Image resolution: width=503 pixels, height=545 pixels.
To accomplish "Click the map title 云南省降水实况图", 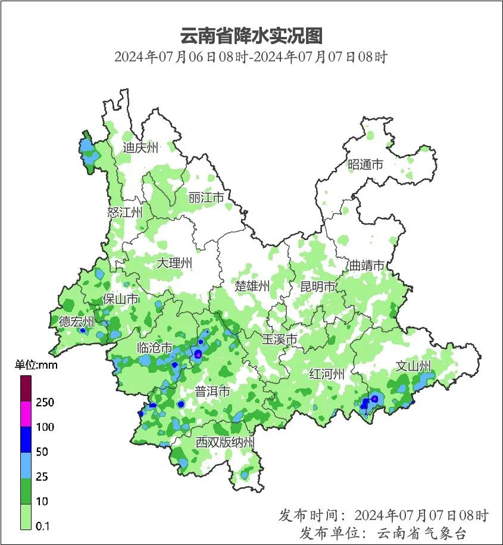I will (251, 36).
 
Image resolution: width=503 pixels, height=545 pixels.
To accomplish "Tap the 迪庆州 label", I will (140, 148).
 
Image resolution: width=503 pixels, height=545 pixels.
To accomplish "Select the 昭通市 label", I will (365, 165).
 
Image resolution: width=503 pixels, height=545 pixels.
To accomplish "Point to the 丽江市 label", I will (205, 197).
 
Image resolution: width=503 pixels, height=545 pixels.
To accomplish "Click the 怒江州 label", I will (125, 212).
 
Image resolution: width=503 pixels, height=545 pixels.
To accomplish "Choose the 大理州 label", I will (174, 263).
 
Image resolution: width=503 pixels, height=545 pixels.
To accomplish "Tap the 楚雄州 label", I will (252, 286).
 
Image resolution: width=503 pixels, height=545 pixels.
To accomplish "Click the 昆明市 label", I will (318, 287).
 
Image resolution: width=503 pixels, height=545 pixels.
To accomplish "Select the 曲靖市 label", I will (366, 266).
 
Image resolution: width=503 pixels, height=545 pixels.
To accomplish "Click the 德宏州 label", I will (76, 322).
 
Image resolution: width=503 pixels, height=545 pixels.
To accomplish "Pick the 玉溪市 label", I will (280, 340).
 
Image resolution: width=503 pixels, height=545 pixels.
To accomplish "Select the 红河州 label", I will (327, 374).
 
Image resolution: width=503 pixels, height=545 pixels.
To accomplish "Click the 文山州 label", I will (414, 366).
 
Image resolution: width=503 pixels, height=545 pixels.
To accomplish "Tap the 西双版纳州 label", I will (226, 443).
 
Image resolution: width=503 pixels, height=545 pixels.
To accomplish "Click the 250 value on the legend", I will (45, 403).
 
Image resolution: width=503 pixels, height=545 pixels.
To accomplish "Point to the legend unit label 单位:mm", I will (36, 365).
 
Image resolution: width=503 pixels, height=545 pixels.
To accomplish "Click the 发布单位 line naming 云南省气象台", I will (383, 532).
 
